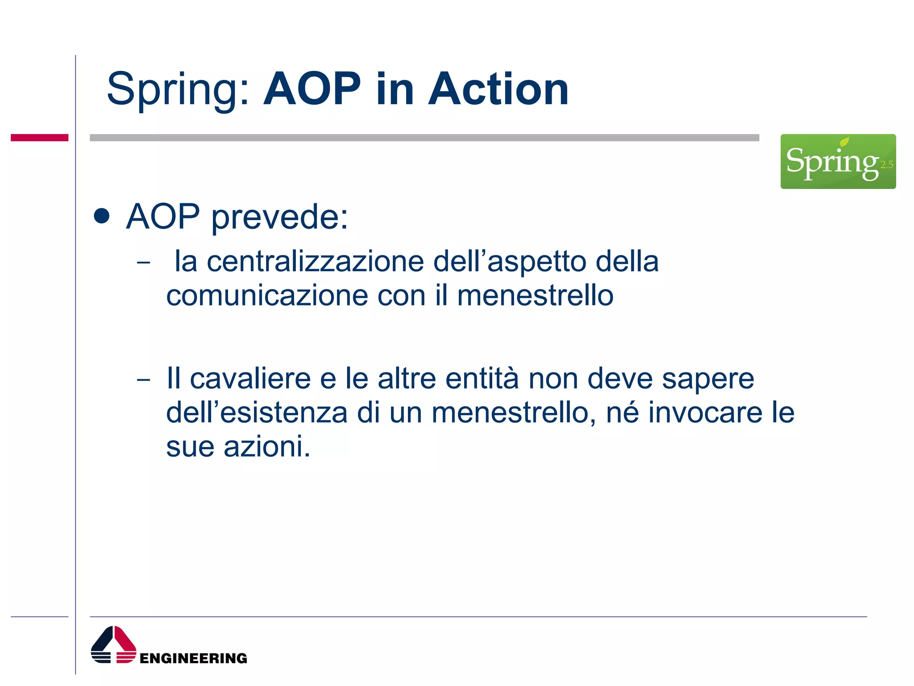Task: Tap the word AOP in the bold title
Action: point(312,89)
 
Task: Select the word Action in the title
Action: point(498,89)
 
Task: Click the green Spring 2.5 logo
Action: point(837,161)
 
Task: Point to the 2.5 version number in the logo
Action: point(886,165)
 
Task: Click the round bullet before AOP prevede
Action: point(102,216)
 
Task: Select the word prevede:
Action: point(279,217)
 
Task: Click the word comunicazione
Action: point(267,296)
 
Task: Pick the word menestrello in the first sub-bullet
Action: point(535,296)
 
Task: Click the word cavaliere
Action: point(250,379)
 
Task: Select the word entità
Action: point(482,379)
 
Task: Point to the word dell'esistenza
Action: point(257,413)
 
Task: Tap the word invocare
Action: point(705,413)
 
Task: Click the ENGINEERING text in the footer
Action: point(193,658)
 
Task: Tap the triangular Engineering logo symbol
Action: point(113,645)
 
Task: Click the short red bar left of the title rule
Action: point(39,138)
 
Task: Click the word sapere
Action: point(708,379)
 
